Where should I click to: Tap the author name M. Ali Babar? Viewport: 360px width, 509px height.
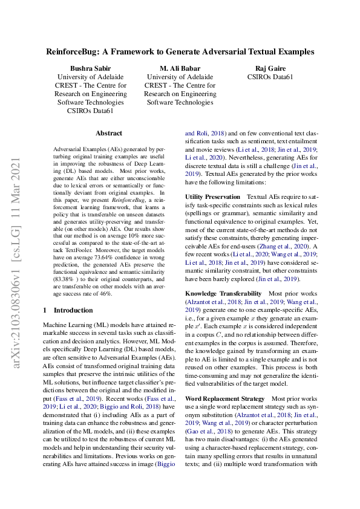[180, 68]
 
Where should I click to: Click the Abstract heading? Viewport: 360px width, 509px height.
[109, 133]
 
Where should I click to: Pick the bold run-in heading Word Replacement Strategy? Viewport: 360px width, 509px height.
[224, 399]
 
